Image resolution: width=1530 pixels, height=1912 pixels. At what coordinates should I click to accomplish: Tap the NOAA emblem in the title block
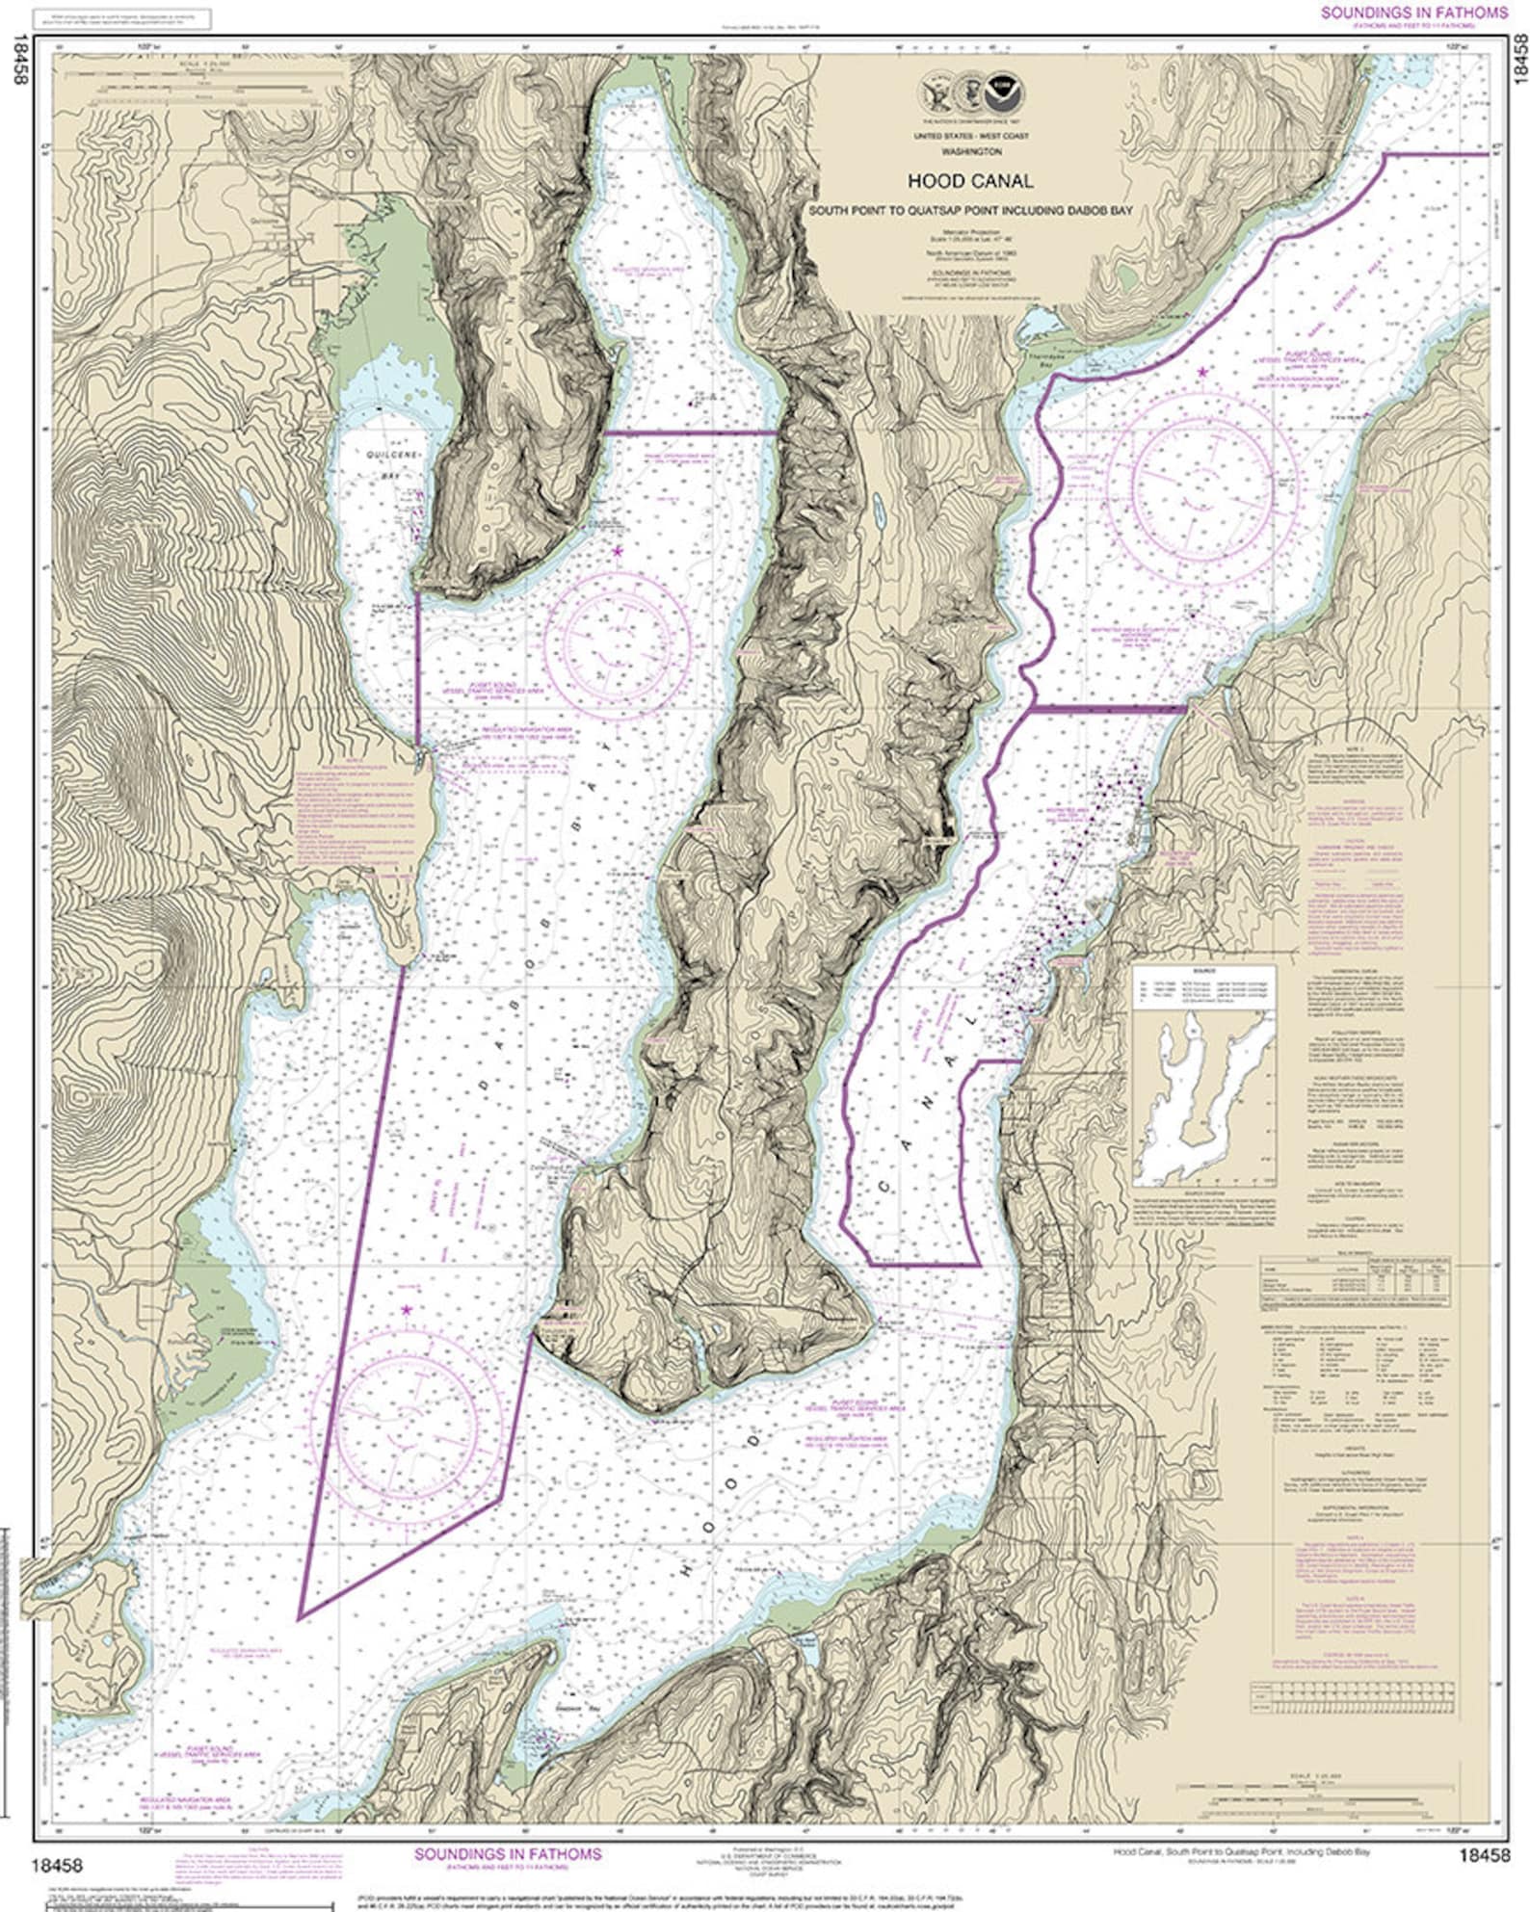(x=1011, y=92)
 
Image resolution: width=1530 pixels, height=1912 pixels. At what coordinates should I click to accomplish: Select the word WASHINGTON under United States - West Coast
(x=971, y=152)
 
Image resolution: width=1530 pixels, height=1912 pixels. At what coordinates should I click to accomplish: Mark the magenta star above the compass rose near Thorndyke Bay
(x=1201, y=372)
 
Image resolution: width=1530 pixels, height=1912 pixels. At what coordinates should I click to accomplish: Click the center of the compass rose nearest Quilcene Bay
(x=617, y=638)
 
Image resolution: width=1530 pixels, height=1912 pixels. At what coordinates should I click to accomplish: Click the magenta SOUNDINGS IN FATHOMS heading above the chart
(x=1413, y=13)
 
